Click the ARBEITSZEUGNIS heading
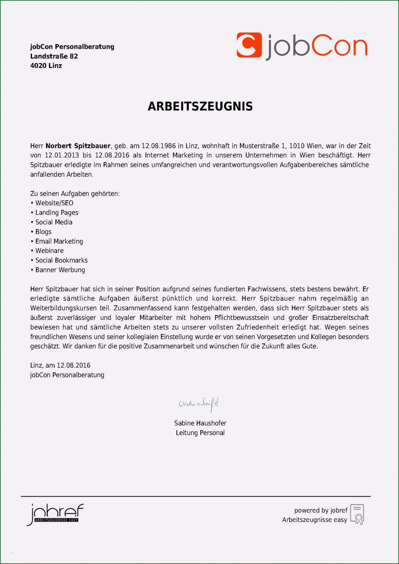[x=200, y=106]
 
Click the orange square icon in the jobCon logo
[x=249, y=45]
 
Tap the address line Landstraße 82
[x=54, y=56]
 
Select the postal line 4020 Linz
[x=46, y=66]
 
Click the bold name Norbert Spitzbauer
[x=78, y=146]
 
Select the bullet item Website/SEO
[x=54, y=203]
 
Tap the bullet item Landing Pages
[x=57, y=213]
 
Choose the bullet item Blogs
[x=43, y=232]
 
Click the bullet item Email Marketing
[x=59, y=241]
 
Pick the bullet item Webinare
[x=49, y=251]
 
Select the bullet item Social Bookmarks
[x=61, y=260]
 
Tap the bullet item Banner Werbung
[x=60, y=270]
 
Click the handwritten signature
[x=199, y=403]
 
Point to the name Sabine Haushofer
[x=200, y=423]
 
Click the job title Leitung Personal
[x=200, y=433]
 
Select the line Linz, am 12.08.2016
[x=60, y=365]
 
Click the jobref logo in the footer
[x=55, y=514]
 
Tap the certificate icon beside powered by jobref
[x=357, y=514]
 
